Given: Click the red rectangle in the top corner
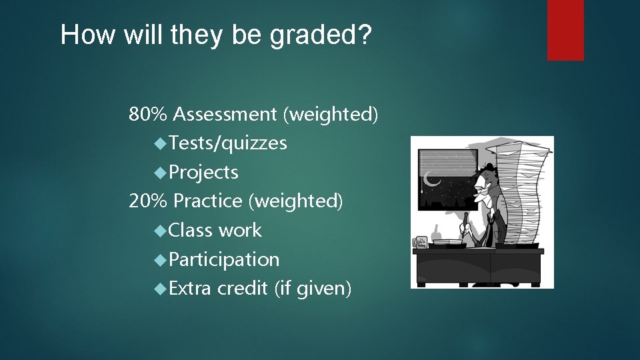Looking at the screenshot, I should (x=565, y=30).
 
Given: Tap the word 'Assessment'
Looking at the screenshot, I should (x=225, y=115).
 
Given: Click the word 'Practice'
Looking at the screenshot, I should (x=211, y=201).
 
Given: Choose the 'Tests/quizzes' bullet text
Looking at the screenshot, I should (x=228, y=143).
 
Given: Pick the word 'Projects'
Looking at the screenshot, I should (x=203, y=172).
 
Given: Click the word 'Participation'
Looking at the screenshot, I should (x=224, y=259).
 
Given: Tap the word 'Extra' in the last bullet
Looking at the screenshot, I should (x=190, y=288).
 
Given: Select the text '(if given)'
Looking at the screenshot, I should (x=311, y=288).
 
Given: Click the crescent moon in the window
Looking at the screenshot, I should (x=432, y=178).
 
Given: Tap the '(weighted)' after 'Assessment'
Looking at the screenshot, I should (x=331, y=115).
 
